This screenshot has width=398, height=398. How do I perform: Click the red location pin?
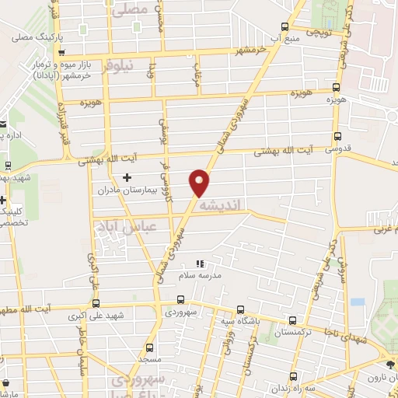pos(200,182)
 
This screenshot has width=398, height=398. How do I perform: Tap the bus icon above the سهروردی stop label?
pos(180,298)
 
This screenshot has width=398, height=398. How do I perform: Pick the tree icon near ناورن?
pos(389,364)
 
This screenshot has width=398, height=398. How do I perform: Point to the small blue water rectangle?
pos(357,301)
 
